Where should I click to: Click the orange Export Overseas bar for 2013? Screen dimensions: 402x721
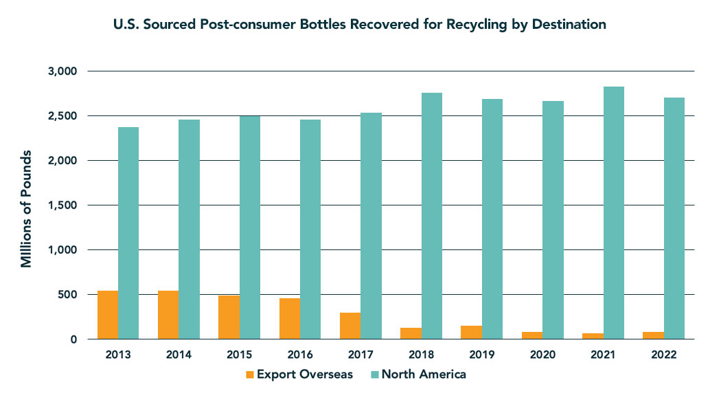(x=108, y=315)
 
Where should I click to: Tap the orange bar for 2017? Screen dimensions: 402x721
(x=350, y=326)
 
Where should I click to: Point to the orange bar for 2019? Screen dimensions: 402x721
(x=472, y=332)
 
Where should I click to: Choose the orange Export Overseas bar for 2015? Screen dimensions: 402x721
(x=229, y=317)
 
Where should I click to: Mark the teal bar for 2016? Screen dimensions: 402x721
(x=310, y=230)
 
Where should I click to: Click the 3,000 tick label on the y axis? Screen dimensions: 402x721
(x=63, y=71)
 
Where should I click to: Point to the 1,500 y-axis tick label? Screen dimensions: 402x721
(x=63, y=205)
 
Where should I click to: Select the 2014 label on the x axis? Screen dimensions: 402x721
(x=179, y=355)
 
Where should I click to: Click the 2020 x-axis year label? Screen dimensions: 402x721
(x=542, y=355)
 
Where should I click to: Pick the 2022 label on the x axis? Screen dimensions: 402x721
(x=664, y=355)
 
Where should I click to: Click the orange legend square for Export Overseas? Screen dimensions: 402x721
(x=250, y=375)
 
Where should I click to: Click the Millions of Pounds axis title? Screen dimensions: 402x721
(x=26, y=206)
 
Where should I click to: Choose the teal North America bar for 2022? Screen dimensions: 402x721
(x=674, y=219)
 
